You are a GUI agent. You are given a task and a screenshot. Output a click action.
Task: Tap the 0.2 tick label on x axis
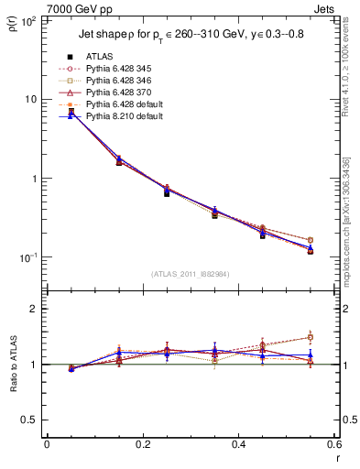click(142, 445)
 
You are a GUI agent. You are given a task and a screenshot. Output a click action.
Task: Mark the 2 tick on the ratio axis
click(33, 310)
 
